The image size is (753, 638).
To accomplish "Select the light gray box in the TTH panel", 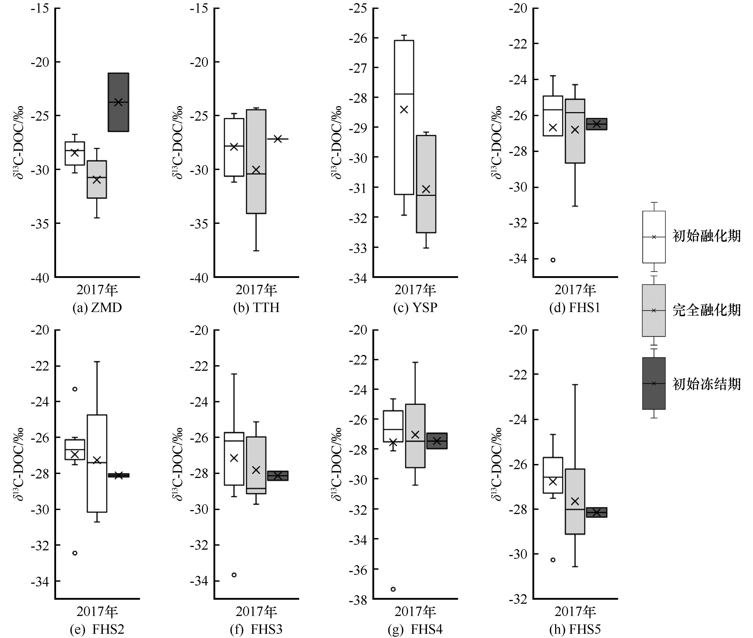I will point(256,161).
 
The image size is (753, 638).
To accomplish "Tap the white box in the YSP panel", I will point(404,117).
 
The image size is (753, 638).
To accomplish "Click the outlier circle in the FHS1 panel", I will point(553,260).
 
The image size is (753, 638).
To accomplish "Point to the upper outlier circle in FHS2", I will point(75,389).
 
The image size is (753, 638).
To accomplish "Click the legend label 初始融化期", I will point(706,236).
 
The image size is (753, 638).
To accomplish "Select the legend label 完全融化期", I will point(706,310).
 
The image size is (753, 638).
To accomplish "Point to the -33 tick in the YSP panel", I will point(358,248).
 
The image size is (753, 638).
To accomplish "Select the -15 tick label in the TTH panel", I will point(199,8).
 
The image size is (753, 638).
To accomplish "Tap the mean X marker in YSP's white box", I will point(404,109).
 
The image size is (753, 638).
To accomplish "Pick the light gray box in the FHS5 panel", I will point(575,501).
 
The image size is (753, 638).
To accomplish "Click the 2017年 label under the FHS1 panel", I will point(575,290).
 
